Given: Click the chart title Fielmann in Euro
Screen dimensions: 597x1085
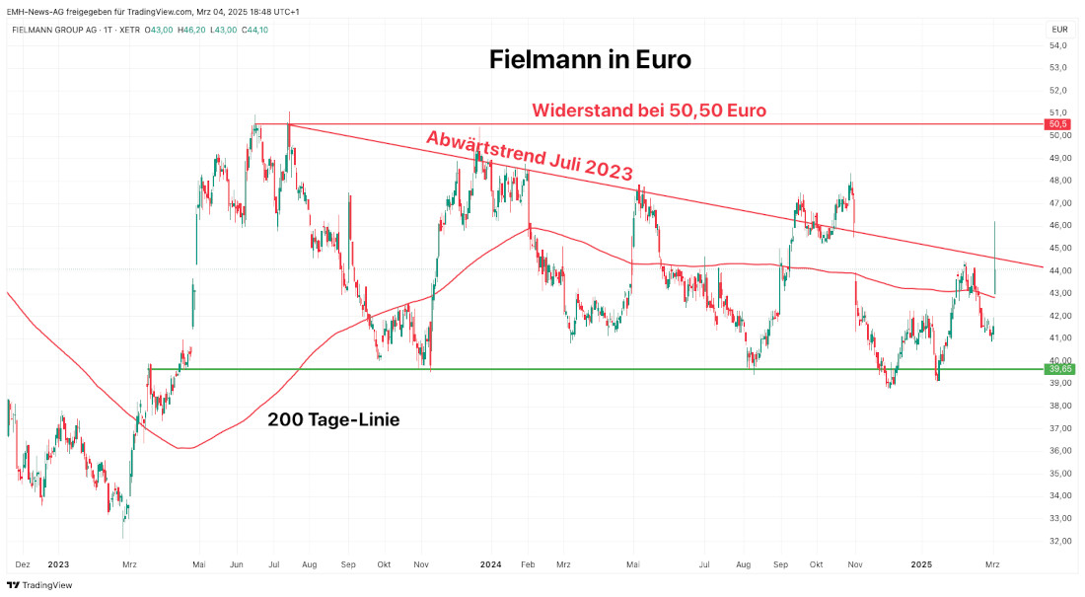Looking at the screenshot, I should (x=590, y=59).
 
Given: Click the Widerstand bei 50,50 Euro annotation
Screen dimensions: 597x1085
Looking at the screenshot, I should (x=649, y=110).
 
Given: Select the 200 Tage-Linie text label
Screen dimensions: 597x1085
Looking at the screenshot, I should (x=333, y=419).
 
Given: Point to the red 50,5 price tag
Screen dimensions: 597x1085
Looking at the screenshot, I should (x=1057, y=124).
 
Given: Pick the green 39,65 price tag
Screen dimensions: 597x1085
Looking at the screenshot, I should (x=1057, y=369).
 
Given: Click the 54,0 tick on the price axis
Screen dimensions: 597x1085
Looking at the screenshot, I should (x=1057, y=45).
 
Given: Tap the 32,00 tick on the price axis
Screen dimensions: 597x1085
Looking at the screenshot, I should (x=1057, y=541).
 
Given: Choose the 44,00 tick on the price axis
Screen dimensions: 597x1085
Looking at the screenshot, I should (x=1057, y=270).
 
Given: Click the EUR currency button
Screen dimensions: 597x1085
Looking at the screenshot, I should (x=1057, y=30).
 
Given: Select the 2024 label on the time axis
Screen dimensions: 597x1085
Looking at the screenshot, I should (x=491, y=565).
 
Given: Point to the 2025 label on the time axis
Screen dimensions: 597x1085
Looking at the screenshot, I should (x=921, y=565).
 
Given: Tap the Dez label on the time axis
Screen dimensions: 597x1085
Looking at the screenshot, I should (x=23, y=565).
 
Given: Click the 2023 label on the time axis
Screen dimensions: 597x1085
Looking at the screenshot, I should (x=58, y=565).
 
